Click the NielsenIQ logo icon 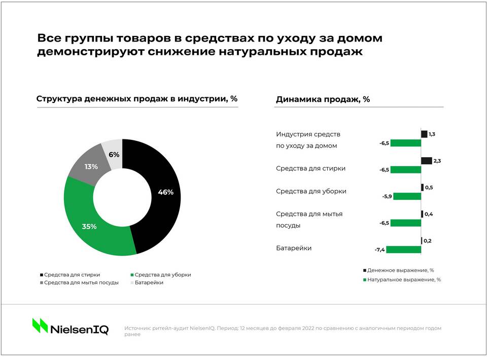(x=40, y=326)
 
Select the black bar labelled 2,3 (x=426, y=161)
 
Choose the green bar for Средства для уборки (x=407, y=196)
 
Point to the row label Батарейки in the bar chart (x=294, y=248)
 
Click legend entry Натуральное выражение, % (x=404, y=279)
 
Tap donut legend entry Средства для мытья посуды (x=81, y=282)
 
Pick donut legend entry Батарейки (x=149, y=282)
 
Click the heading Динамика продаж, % (x=323, y=99)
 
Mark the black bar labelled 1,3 (x=424, y=134)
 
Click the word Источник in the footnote (x=137, y=328)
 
